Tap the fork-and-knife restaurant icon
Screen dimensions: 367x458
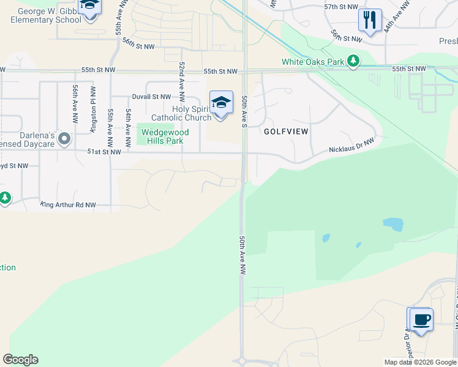coord(370,20)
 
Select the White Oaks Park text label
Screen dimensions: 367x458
coord(313,62)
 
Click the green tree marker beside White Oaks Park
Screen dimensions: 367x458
coord(353,61)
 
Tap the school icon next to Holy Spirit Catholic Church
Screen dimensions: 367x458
coord(221,102)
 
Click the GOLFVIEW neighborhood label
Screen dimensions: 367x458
coord(286,132)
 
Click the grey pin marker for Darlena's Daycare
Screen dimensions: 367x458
coord(64,140)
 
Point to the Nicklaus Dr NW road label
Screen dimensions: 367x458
coord(351,145)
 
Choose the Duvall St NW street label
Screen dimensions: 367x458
coord(152,97)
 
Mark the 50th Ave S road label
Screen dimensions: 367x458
coord(244,111)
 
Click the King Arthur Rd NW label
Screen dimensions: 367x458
coord(68,205)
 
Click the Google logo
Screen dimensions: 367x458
coord(20,360)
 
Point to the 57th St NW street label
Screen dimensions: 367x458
coord(341,6)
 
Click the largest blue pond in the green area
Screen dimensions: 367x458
coord(393,224)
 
